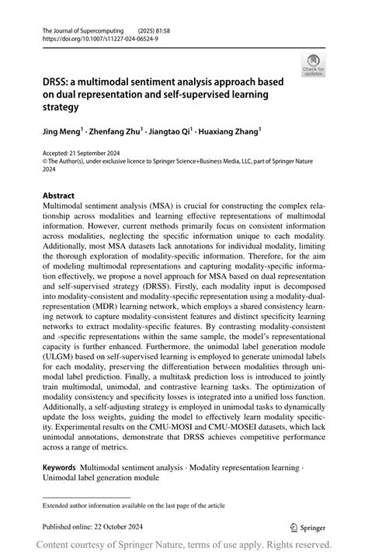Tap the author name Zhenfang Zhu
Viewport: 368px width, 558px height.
[119, 133]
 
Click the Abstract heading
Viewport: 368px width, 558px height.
[59, 196]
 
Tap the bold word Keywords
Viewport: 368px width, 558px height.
[60, 470]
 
